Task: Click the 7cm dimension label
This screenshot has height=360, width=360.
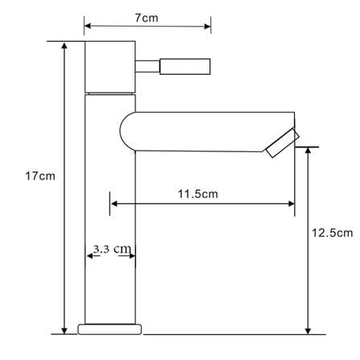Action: [147, 18]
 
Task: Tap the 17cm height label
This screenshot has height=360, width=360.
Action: [40, 176]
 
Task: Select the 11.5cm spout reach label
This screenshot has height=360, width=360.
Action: [198, 194]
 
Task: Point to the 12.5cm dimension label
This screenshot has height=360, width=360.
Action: [332, 233]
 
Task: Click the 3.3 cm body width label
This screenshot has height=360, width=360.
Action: [112, 249]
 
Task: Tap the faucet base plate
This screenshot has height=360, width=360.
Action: [110, 329]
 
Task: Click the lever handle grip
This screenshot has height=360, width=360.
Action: [185, 66]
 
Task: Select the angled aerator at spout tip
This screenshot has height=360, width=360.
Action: [283, 143]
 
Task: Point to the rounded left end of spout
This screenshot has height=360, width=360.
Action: [121, 131]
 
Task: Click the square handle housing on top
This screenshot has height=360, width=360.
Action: [110, 67]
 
